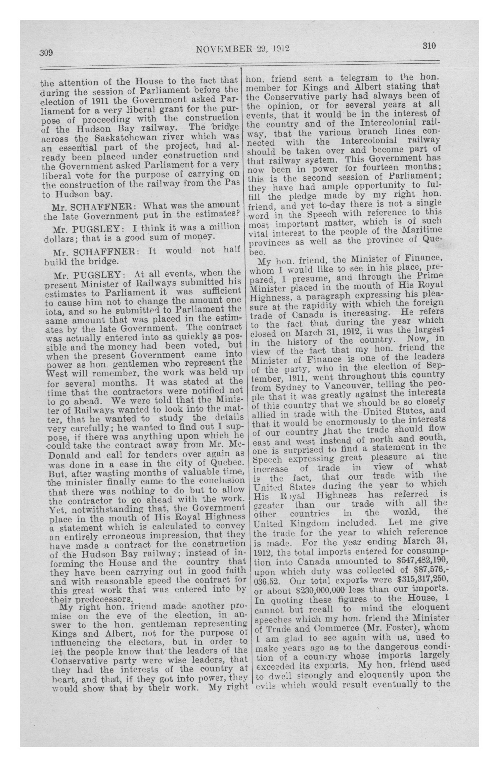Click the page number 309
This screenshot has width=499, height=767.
pyautogui.click(x=46, y=52)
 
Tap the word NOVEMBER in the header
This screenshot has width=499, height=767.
pyautogui.click(x=222, y=49)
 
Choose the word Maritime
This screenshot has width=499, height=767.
pyautogui.click(x=420, y=231)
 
